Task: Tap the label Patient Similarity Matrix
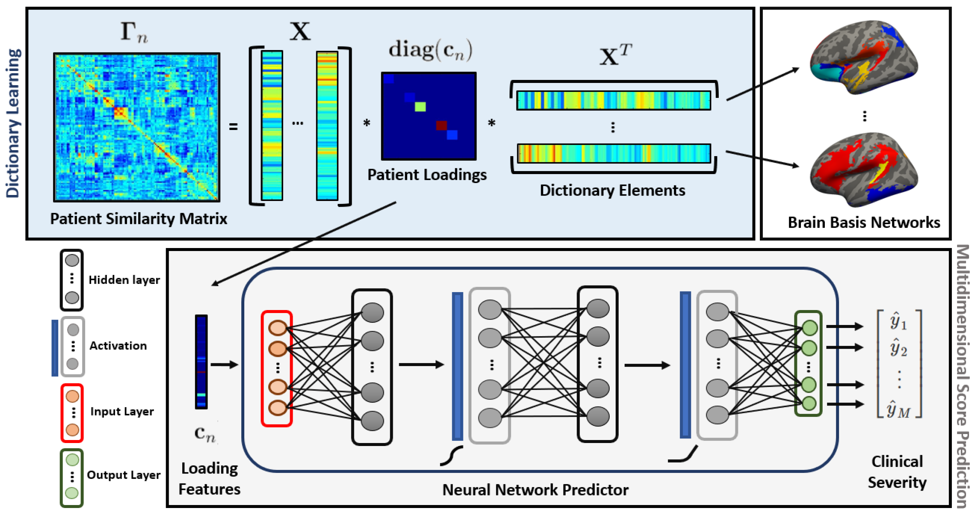coord(139,219)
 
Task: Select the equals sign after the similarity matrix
coord(233,127)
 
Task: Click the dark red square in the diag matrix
coord(441,125)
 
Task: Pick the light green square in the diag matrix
coord(420,106)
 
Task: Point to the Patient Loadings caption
coord(427,174)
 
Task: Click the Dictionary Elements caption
coord(612,190)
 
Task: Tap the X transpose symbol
coord(615,55)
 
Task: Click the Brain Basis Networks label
coord(864,222)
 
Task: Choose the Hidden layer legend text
coord(124,280)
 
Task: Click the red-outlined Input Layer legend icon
coord(72,413)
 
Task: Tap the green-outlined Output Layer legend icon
coord(72,477)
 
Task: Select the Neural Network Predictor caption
coord(535,490)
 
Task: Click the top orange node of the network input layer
coord(278,328)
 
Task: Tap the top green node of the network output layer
coord(809,328)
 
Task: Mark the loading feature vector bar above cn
coord(201,362)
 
